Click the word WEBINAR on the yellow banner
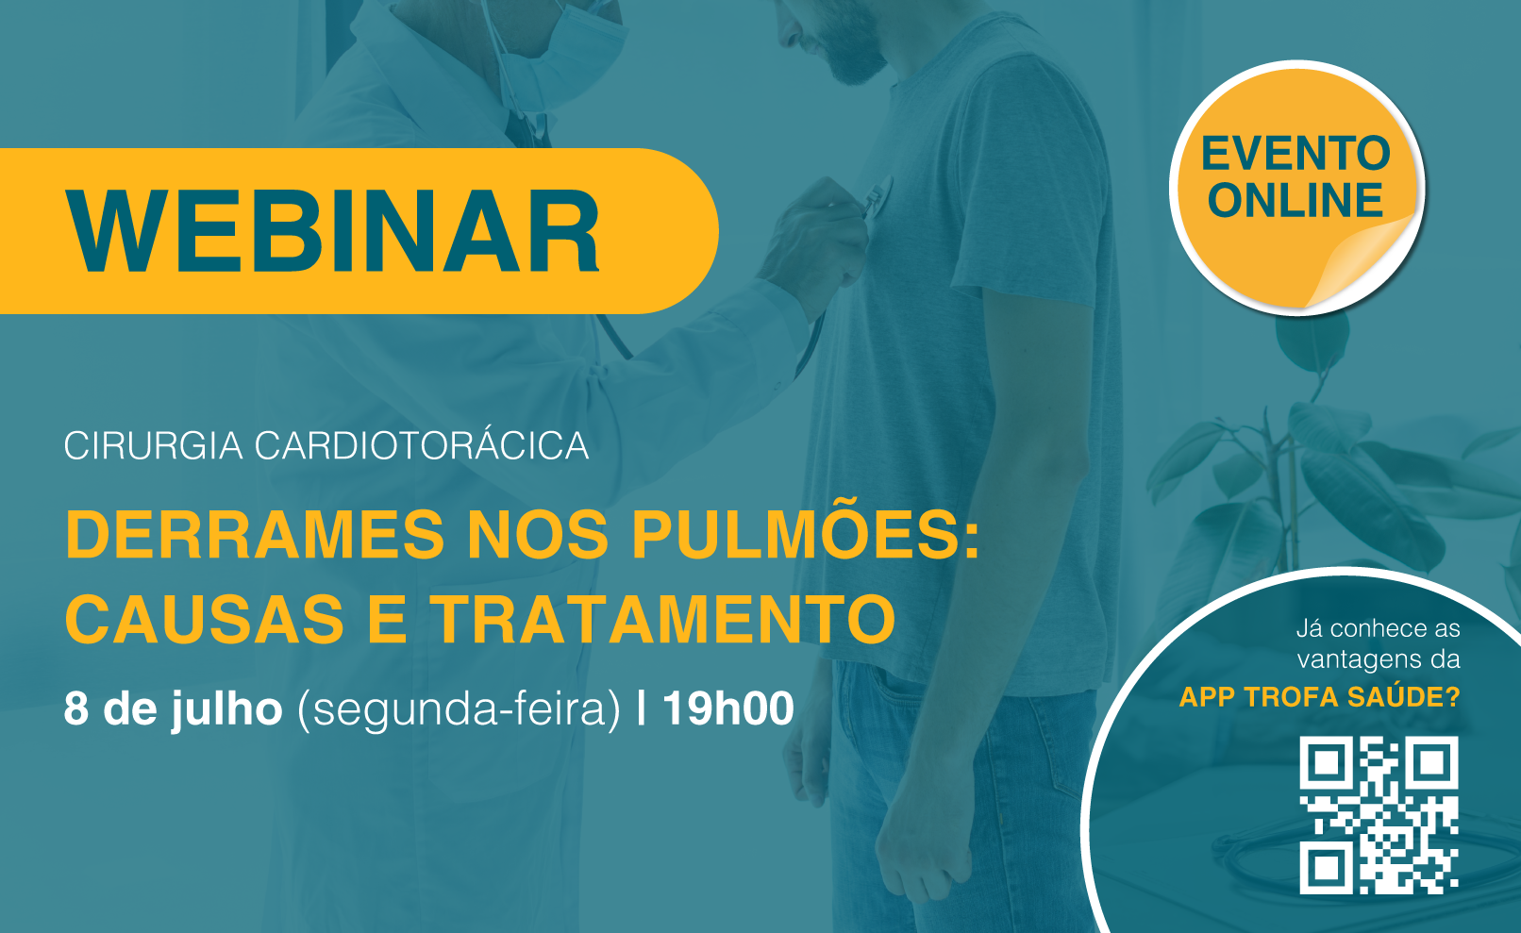(x=333, y=231)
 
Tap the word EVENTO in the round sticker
(x=1295, y=154)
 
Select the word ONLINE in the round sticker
(x=1295, y=200)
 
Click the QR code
(x=1379, y=815)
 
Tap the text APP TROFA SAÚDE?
(x=1319, y=697)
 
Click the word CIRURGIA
(x=154, y=446)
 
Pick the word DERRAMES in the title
(x=256, y=536)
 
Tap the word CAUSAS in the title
(x=205, y=619)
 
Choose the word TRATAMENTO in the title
(x=665, y=619)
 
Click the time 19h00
(x=728, y=708)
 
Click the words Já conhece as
(x=1378, y=629)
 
